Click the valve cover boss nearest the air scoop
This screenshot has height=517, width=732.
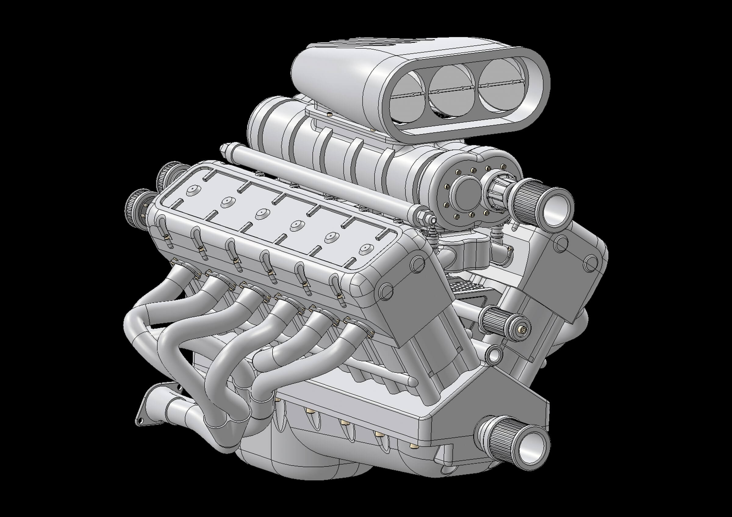(193, 190)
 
